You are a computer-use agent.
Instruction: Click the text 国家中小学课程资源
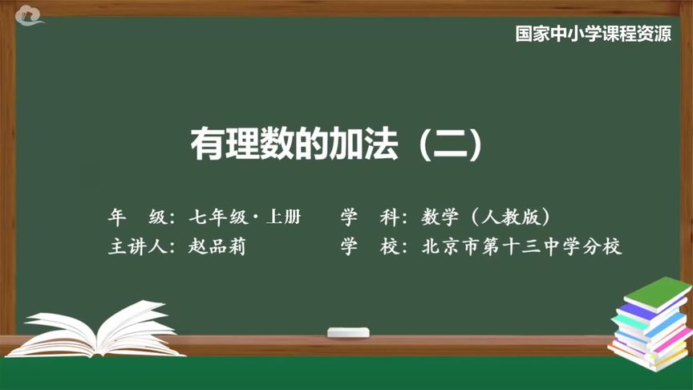click(x=593, y=35)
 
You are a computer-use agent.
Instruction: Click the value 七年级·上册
click(x=245, y=217)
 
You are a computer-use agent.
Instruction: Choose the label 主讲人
click(x=136, y=246)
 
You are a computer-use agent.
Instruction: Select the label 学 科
click(x=369, y=217)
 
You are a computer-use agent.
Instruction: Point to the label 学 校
click(x=369, y=246)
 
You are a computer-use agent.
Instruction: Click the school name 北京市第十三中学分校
click(x=521, y=246)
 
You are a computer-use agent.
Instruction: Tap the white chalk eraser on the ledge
click(x=348, y=331)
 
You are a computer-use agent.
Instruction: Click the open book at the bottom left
click(x=96, y=329)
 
